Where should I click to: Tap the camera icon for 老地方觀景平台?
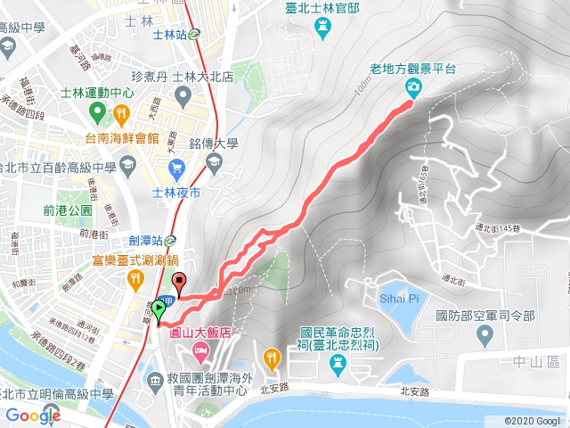[413, 86]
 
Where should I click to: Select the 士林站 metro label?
[169, 36]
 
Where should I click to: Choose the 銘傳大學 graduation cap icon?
[213, 161]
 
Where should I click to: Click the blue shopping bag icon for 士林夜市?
[175, 165]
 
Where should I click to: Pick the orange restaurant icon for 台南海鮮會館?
[122, 113]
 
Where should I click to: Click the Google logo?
[33, 416]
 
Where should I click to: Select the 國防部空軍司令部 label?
[485, 315]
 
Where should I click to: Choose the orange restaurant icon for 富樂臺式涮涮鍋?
[134, 282]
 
